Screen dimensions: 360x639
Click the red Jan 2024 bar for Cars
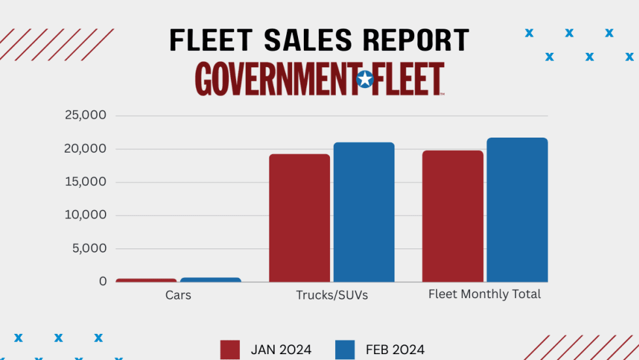(x=146, y=280)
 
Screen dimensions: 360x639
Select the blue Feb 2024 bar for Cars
(x=211, y=280)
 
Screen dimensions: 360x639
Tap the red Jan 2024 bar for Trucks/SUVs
(x=299, y=218)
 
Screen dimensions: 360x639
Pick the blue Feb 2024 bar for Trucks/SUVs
(x=364, y=212)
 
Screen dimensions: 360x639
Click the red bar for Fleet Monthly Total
(x=453, y=216)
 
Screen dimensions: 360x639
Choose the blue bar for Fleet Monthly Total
(x=517, y=209)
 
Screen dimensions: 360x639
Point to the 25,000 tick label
(x=85, y=115)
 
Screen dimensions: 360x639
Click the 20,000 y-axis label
(x=85, y=149)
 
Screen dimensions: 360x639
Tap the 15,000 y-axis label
(x=85, y=182)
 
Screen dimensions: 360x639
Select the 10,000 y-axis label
(x=85, y=215)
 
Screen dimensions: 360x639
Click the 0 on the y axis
(x=103, y=282)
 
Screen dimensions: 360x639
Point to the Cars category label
(x=178, y=295)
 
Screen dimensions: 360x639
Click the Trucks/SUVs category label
(x=332, y=295)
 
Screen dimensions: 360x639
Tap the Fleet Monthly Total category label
(x=484, y=294)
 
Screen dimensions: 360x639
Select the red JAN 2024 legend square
(x=230, y=350)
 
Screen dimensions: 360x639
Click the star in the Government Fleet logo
(x=365, y=80)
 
